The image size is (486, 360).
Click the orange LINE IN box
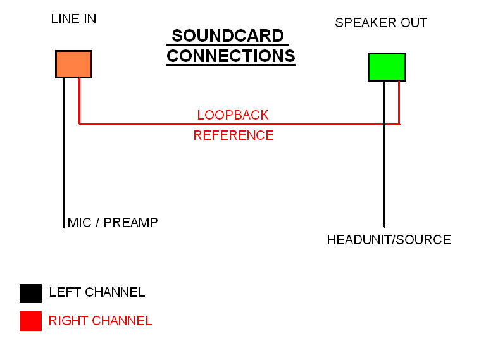pos(73,64)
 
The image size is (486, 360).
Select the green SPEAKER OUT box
pos(387,67)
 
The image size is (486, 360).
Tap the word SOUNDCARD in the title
pos(228,36)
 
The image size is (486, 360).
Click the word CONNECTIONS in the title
pos(231,56)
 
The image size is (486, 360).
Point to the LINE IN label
pos(73,19)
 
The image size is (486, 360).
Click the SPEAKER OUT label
pos(381,23)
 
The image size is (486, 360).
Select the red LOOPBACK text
pos(233,115)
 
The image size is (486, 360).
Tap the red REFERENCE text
pos(234,135)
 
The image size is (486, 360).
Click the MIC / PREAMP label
pos(112,223)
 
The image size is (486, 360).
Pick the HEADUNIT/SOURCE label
pos(389,240)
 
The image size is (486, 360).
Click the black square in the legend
pos(30,293)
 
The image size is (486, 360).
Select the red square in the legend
pos(30,321)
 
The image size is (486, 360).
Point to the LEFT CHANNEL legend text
pos(97,292)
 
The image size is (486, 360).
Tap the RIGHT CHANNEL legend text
pos(100,321)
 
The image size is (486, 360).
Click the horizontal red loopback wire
pos(158,124)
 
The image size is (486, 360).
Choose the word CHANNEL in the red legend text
pos(122,321)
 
